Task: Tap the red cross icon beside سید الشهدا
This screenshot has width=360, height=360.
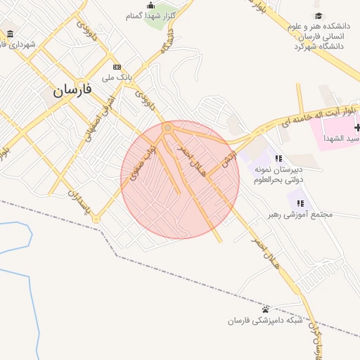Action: (358, 127)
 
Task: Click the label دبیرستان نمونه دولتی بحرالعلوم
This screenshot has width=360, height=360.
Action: (278, 174)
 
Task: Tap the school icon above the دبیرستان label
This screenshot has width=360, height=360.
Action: (279, 159)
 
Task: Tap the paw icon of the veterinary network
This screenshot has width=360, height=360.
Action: (265, 309)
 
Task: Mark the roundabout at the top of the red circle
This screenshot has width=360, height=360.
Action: (167, 128)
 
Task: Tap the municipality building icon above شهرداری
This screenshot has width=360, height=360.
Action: (9, 34)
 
